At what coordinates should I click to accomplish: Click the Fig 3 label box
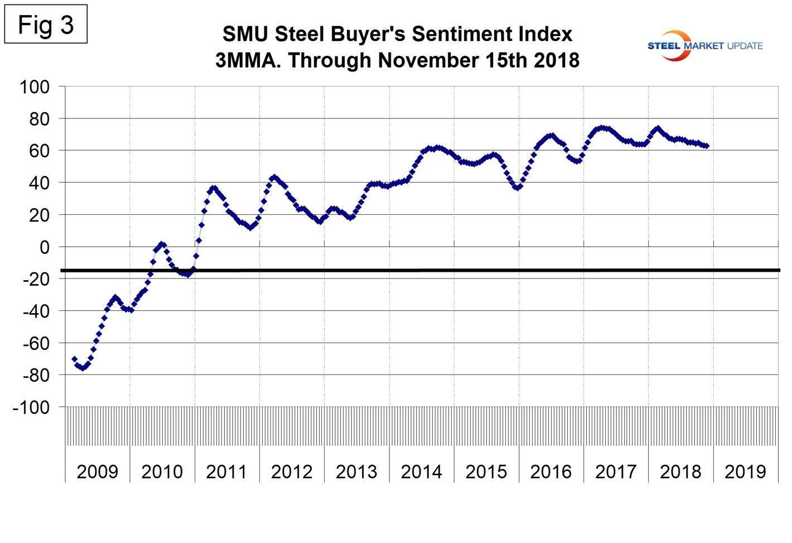point(46,25)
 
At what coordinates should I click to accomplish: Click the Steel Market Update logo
point(705,46)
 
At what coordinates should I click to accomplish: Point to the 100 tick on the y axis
point(35,87)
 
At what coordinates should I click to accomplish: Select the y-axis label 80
point(39,119)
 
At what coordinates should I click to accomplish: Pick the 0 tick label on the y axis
point(45,247)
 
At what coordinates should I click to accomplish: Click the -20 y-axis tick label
point(36,279)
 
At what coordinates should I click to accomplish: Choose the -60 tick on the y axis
point(36,343)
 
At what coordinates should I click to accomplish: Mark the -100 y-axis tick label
point(31,407)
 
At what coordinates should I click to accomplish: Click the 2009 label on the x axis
point(97,472)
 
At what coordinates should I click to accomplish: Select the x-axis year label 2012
point(292,472)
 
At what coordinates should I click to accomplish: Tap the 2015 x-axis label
point(486,472)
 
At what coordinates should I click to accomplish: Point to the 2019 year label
point(745,472)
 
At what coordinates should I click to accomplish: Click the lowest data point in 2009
point(83,368)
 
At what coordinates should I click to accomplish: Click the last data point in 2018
point(707,146)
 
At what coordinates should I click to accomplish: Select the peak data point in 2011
point(213,188)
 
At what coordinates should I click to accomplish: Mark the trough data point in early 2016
point(518,188)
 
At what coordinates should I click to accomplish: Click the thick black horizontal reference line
point(418,271)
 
